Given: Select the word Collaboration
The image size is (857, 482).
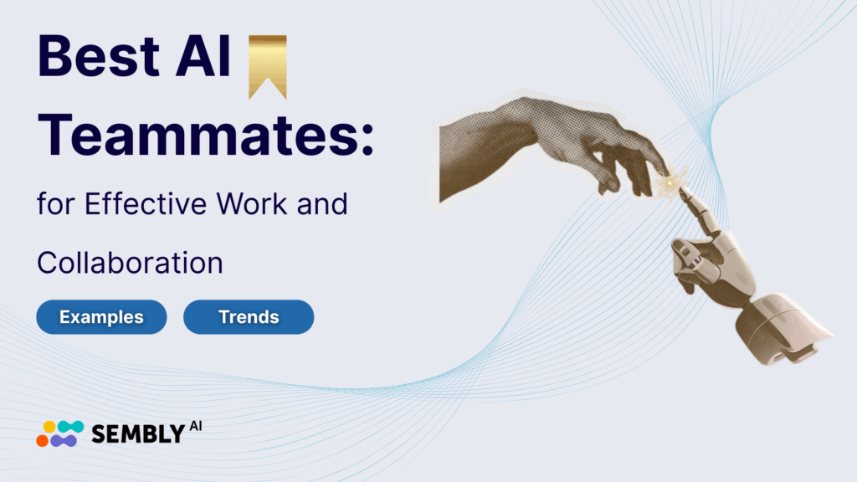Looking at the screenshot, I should [130, 263].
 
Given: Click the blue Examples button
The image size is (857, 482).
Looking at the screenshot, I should [101, 317].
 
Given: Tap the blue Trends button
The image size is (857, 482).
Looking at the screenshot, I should [249, 317].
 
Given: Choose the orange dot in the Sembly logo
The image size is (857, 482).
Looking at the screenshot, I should [43, 438].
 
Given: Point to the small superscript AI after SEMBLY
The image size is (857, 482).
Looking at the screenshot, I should [195, 426].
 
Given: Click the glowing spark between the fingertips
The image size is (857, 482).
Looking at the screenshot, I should [669, 180].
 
